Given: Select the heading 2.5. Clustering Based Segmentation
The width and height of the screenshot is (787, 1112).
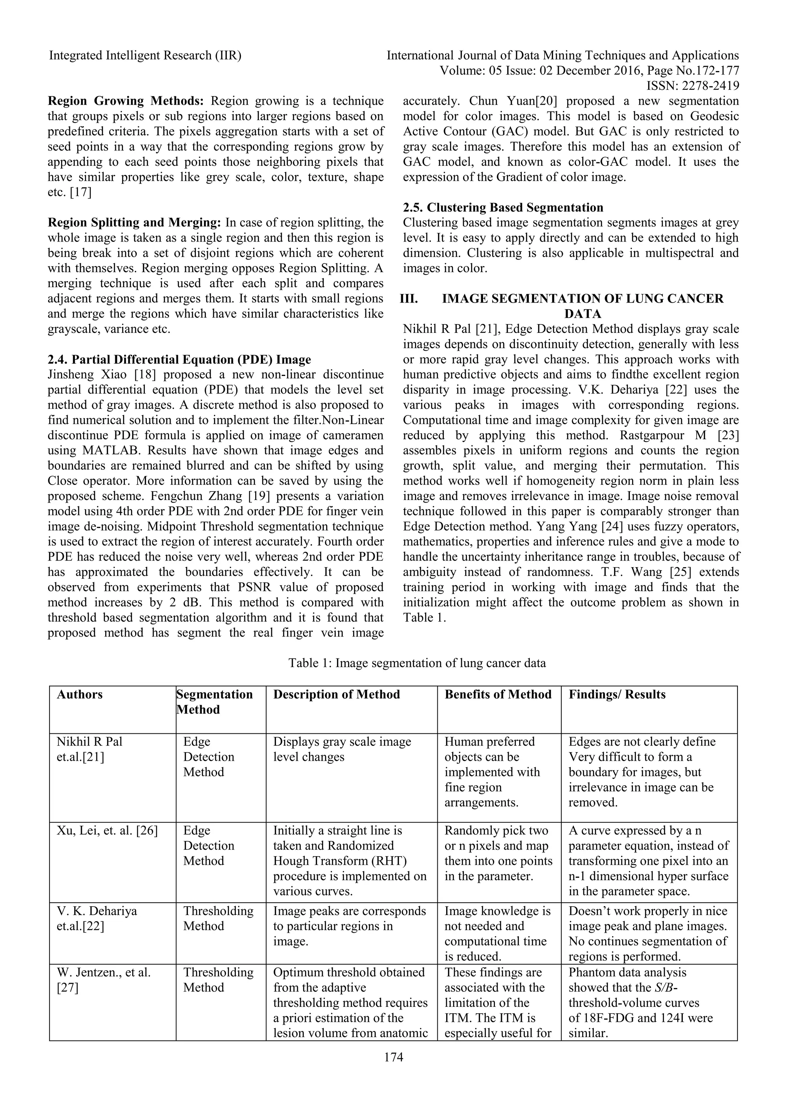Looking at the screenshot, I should (503, 208).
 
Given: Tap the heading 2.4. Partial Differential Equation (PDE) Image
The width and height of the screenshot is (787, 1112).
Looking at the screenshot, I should (179, 359).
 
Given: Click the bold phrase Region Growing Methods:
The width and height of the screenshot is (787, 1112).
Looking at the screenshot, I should (126, 101).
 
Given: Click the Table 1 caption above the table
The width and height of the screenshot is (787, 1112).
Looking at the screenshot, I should (417, 663).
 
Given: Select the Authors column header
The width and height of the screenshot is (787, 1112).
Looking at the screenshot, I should (80, 695).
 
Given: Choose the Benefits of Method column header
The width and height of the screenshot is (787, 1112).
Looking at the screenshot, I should (498, 695).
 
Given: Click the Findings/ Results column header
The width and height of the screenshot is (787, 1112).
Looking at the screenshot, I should (617, 695).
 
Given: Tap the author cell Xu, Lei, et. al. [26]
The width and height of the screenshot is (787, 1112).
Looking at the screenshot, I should (107, 831).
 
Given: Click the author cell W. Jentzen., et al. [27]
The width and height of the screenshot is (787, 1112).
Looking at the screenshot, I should (104, 979).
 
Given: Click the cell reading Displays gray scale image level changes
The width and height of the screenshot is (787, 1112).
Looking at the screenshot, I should (342, 749).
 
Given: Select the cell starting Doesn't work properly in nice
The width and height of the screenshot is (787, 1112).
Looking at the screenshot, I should (648, 933).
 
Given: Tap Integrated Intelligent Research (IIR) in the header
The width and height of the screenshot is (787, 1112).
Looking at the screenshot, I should (145, 56).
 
